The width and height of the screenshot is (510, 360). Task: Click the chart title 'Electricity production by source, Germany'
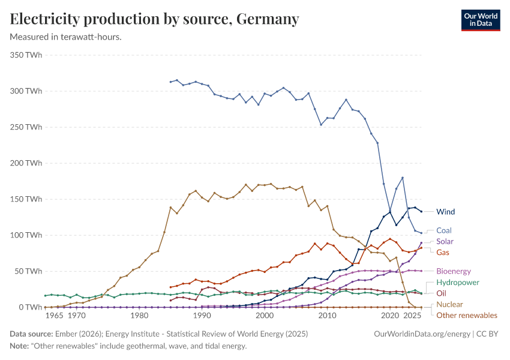pyautogui.click(x=155, y=19)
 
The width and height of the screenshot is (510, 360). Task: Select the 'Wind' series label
pyautogui.click(x=446, y=212)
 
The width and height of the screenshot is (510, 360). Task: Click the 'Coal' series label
pyautogui.click(x=444, y=230)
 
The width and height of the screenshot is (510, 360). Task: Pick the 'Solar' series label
pyautogui.click(x=445, y=242)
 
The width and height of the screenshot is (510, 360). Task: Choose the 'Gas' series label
pyautogui.click(x=443, y=253)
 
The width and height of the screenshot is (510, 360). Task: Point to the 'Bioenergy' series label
pyautogui.click(x=454, y=271)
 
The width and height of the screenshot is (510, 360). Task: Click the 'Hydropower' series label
pyautogui.click(x=457, y=282)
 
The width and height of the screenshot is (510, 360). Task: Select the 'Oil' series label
pyautogui.click(x=441, y=293)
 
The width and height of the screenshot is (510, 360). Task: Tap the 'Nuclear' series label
pyautogui.click(x=449, y=305)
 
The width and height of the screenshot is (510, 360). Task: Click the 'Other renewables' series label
pyautogui.click(x=467, y=316)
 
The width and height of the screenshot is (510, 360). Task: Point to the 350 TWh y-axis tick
pyautogui.click(x=26, y=55)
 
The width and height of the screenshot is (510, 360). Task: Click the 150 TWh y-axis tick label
pyautogui.click(x=26, y=199)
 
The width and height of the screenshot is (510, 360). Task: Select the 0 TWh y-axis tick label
pyautogui.click(x=29, y=307)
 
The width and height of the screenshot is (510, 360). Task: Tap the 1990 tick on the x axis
pyautogui.click(x=202, y=316)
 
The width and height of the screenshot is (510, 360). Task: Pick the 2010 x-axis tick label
pyautogui.click(x=328, y=316)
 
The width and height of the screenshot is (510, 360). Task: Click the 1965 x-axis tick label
pyautogui.click(x=54, y=316)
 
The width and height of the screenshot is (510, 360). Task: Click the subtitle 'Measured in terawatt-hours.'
pyautogui.click(x=66, y=37)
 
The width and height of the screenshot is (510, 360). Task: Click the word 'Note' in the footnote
pyautogui.click(x=19, y=346)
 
